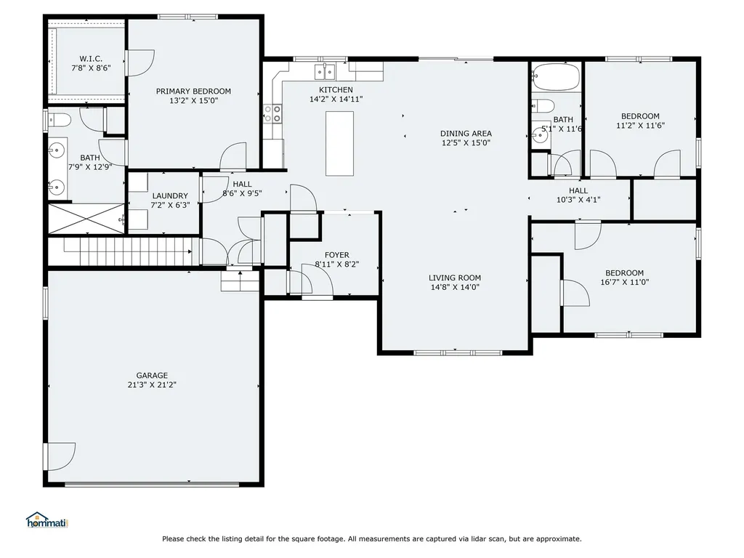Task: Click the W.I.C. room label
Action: [x=91, y=59]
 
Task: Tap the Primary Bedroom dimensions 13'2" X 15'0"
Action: [x=193, y=100]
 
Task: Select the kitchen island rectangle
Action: [x=339, y=143]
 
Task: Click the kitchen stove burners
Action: [x=272, y=113]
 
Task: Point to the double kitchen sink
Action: [x=325, y=72]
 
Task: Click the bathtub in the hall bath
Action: [x=556, y=77]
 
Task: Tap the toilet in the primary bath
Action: [x=59, y=121]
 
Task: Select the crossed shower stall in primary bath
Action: [x=86, y=219]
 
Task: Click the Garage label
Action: [x=152, y=376]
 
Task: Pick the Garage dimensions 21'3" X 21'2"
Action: [x=152, y=385]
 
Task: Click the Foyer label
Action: [x=337, y=255]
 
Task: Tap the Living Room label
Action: [x=455, y=278]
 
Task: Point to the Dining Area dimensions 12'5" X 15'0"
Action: [x=466, y=143]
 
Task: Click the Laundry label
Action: [x=170, y=195]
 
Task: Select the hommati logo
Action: [x=47, y=520]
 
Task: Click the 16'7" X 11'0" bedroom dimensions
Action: [x=624, y=282]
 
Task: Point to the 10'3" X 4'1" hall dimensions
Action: [x=578, y=200]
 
